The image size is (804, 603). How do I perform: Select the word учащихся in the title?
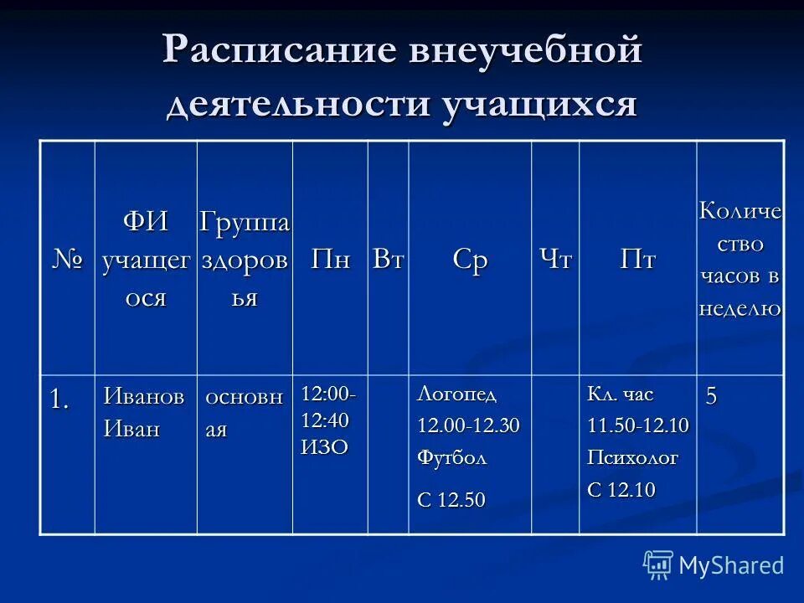coord(541,106)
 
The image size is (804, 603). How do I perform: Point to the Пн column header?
coord(330,259)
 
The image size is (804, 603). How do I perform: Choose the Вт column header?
coord(389,259)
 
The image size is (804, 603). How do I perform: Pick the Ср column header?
coord(470,259)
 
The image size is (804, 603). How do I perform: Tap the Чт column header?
coord(555,259)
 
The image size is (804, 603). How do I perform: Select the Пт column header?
coord(637,259)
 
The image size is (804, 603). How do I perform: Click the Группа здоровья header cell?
coord(245,260)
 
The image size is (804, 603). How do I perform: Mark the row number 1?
coord(59,399)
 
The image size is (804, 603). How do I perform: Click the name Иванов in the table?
coord(143,396)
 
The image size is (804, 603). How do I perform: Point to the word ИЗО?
coord(324,446)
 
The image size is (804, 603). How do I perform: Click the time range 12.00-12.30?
coord(469,426)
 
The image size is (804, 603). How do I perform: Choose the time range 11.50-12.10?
coord(638,426)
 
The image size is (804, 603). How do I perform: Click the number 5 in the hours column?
coord(711,396)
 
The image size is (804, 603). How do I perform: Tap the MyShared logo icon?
coord(658,564)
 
